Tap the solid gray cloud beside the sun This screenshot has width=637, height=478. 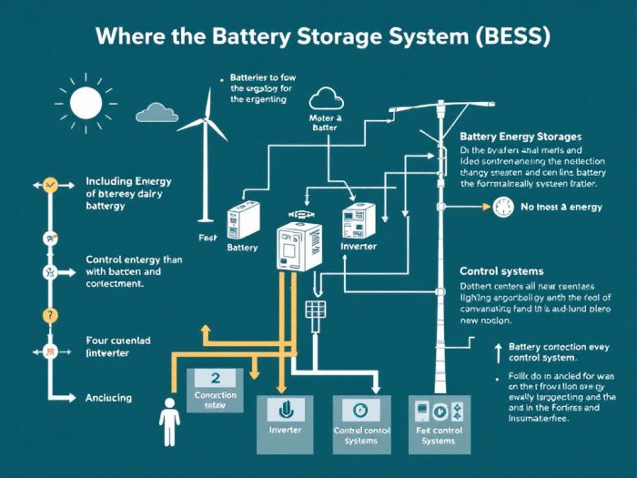[x=157, y=112]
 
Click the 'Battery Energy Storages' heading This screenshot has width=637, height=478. [x=521, y=137]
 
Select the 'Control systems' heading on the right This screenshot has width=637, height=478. [x=501, y=271]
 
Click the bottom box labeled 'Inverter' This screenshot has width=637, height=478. [x=285, y=423]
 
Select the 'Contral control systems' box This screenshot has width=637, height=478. [x=362, y=423]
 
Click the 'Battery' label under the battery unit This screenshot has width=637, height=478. [x=241, y=248]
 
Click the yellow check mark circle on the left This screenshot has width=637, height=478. [x=51, y=185]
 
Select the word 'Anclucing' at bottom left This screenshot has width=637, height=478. [x=108, y=398]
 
